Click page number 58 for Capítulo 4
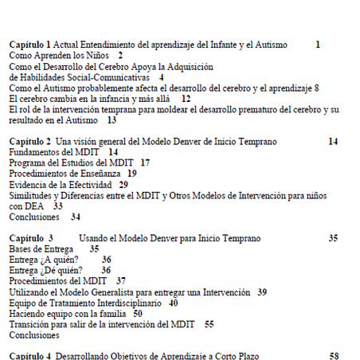pyautogui.click(x=334, y=355)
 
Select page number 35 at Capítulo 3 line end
pyautogui.click(x=334, y=238)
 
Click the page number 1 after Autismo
pyautogui.click(x=318, y=45)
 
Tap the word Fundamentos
pyautogui.click(x=34, y=151)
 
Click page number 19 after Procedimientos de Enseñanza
pyautogui.click(x=132, y=173)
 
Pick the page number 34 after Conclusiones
pyautogui.click(x=75, y=216)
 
